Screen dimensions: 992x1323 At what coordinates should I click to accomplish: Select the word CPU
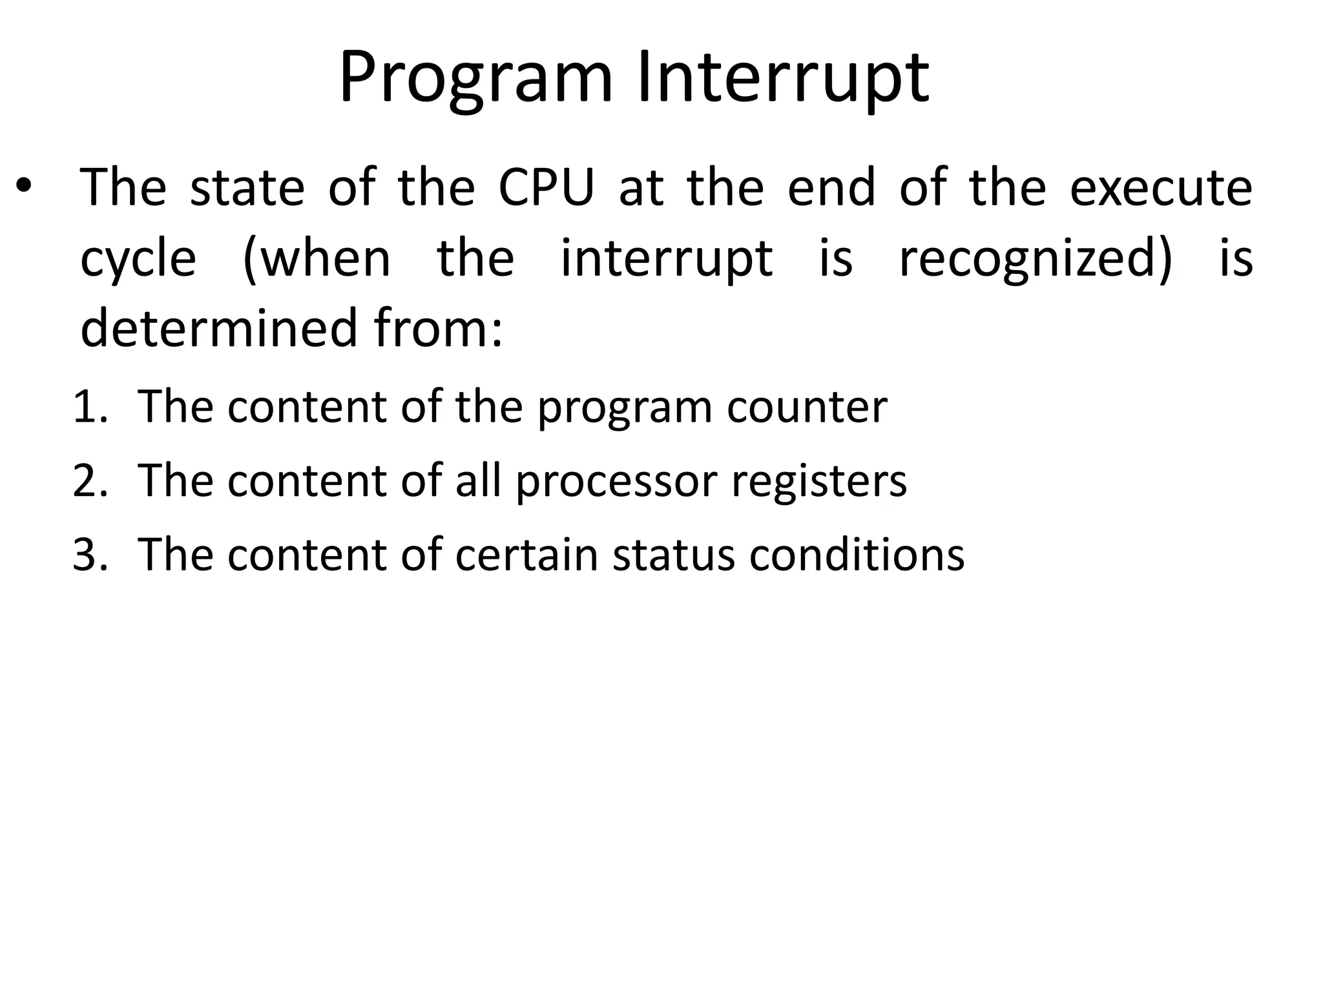tap(547, 188)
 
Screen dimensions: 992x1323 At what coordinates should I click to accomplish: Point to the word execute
tap(1161, 188)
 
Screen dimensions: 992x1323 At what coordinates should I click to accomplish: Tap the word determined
tap(219, 327)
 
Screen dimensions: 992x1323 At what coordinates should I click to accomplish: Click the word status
tap(674, 555)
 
